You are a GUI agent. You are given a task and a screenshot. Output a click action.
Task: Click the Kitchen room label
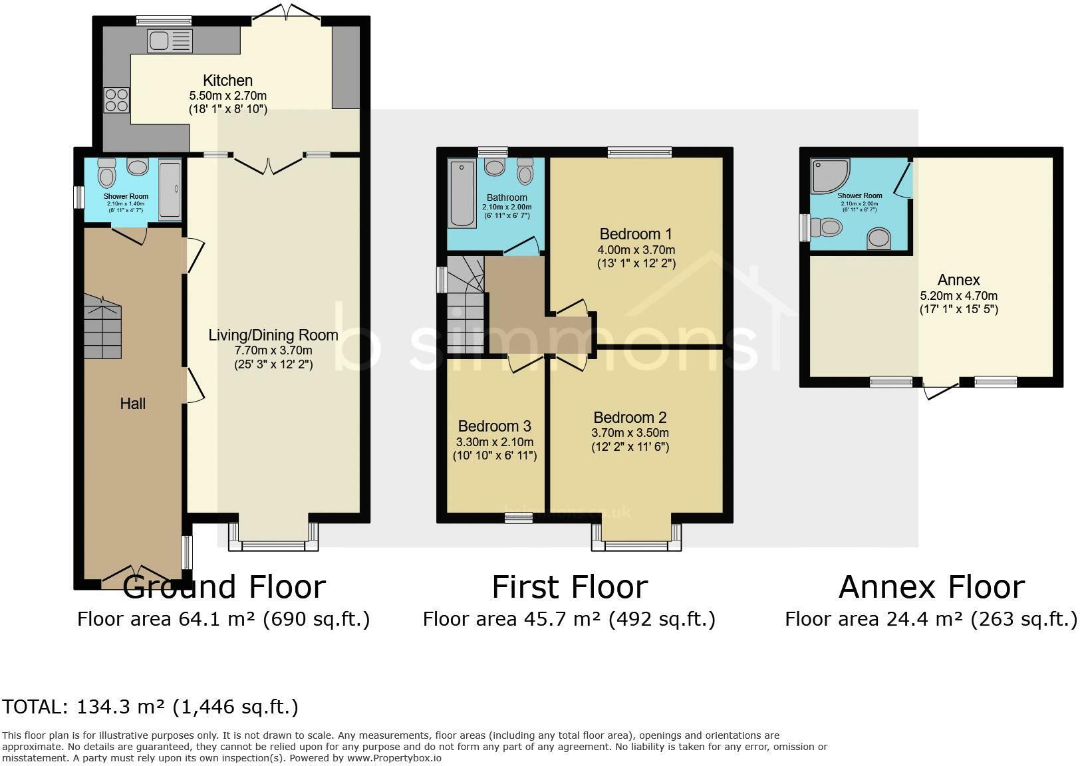[x=227, y=80]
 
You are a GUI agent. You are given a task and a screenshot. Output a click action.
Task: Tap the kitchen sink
[x=170, y=41]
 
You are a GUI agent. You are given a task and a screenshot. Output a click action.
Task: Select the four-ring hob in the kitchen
[x=116, y=100]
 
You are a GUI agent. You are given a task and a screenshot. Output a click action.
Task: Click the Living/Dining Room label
[x=273, y=335]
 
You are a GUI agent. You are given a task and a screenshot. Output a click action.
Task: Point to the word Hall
[x=132, y=404]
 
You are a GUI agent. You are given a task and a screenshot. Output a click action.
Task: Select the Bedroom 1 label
[x=636, y=234]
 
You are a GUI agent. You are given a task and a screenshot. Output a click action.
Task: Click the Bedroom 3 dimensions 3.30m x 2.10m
[x=495, y=442]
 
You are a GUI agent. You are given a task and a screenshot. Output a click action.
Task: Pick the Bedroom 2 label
[x=630, y=418]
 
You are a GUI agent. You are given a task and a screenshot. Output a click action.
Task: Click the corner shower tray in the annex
[x=828, y=174]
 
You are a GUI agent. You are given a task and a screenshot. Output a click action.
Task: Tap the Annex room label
[x=958, y=280]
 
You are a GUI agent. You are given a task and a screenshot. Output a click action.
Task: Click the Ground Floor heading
[x=224, y=587]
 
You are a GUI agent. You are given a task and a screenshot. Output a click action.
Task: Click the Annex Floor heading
[x=931, y=587]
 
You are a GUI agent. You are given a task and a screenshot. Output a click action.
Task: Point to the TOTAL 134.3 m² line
[x=150, y=706]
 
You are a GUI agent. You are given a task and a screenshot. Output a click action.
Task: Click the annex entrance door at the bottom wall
[x=940, y=390]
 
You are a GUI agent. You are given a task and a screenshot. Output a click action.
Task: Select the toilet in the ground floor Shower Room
[x=106, y=176]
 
